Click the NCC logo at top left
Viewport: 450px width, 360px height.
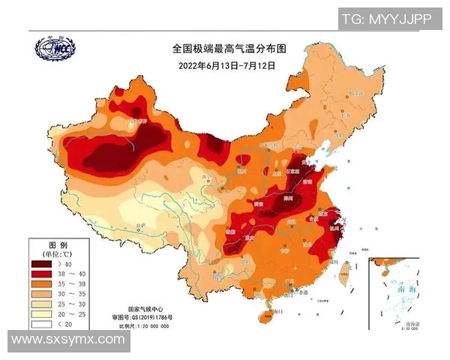click(x=55, y=49)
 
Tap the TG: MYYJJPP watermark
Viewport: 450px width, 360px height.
click(x=386, y=19)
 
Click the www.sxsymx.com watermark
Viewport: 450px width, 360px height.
click(x=68, y=340)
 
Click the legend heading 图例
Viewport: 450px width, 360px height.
click(x=58, y=245)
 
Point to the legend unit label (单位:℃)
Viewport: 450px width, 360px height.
click(x=58, y=254)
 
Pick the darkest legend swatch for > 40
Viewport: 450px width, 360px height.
click(x=43, y=265)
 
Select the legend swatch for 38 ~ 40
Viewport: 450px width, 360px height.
click(x=43, y=275)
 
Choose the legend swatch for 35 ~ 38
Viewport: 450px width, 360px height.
click(x=43, y=286)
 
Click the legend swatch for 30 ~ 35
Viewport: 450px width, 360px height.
click(x=43, y=296)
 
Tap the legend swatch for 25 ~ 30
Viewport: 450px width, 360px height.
click(x=43, y=306)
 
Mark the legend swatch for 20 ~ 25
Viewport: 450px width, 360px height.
click(x=43, y=316)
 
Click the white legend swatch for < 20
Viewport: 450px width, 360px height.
click(x=43, y=327)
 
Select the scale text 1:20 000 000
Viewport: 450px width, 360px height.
click(x=157, y=328)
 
